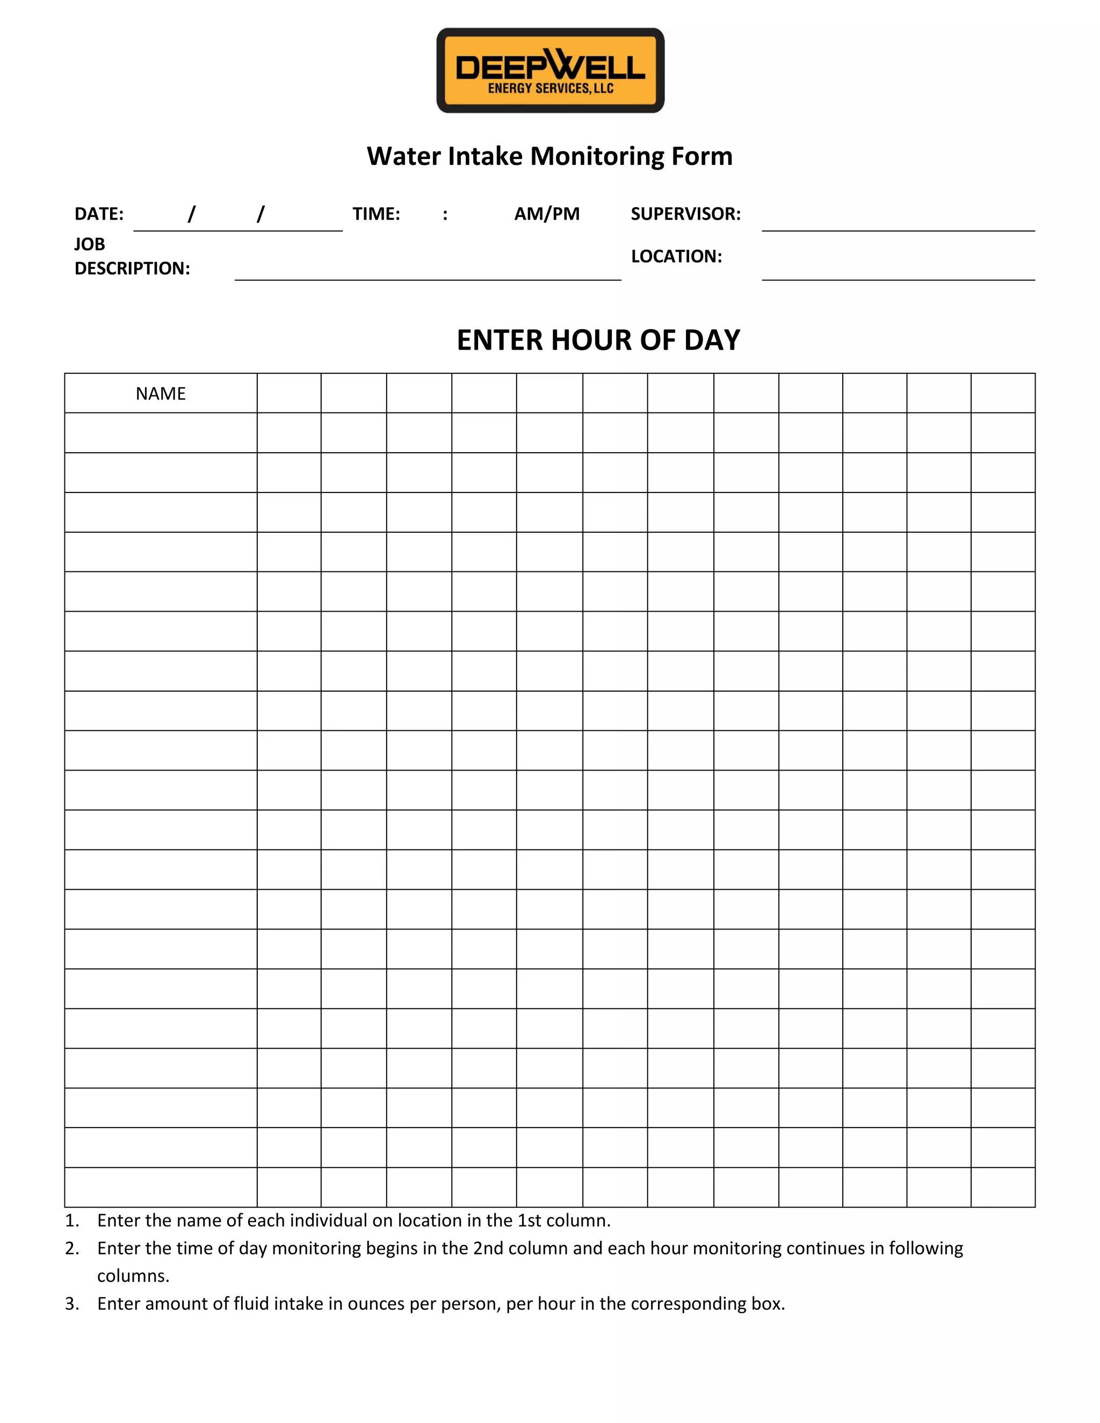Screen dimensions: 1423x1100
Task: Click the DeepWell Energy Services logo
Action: pos(550,70)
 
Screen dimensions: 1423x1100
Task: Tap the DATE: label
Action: pos(99,214)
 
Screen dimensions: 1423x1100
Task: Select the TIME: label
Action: pos(376,214)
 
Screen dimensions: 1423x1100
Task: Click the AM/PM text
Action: pos(547,214)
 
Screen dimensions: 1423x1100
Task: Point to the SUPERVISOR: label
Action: pos(685,214)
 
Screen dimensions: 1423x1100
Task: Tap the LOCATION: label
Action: pos(676,257)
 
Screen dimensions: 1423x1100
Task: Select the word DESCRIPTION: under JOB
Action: pos(132,268)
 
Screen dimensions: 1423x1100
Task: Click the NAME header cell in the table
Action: pos(161,394)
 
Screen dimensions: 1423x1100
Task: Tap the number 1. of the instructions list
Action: pos(71,1221)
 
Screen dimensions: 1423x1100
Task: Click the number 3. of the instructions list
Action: pos(71,1303)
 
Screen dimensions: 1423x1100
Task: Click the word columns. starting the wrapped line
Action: pos(133,1276)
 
